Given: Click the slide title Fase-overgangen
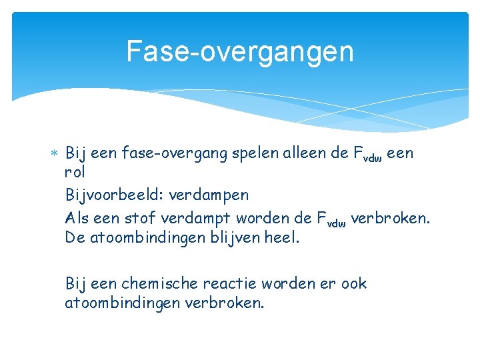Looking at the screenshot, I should point(240,51).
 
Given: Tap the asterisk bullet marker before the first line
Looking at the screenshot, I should point(55,153).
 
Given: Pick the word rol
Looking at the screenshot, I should point(77,174).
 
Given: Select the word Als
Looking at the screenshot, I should point(78,217).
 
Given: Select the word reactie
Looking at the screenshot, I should point(233,283).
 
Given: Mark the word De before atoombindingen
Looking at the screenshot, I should point(75,237).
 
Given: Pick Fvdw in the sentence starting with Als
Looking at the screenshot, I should point(331,218).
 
